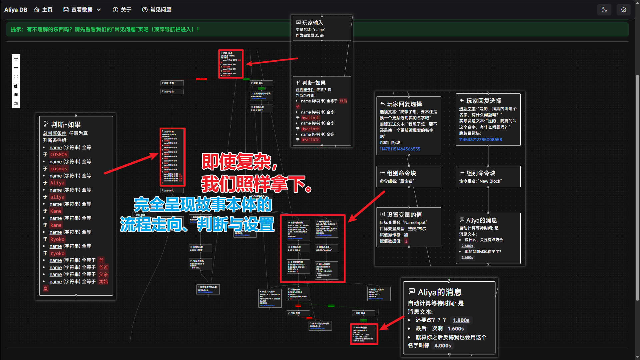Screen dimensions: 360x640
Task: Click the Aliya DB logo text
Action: pyautogui.click(x=16, y=10)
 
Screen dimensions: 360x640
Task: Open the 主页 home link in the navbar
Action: pyautogui.click(x=43, y=10)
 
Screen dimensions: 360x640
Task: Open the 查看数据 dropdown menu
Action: pyautogui.click(x=82, y=10)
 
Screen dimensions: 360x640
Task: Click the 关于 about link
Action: pyautogui.click(x=122, y=10)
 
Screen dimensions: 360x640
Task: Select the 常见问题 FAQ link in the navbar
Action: pyautogui.click(x=157, y=10)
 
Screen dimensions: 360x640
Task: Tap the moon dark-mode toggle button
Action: pyautogui.click(x=604, y=10)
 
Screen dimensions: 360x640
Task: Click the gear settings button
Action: pyautogui.click(x=624, y=10)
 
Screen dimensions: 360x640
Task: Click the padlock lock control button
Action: pyautogui.click(x=16, y=86)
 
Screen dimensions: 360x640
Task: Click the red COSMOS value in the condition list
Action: pyautogui.click(x=59, y=155)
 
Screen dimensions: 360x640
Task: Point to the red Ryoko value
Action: pyautogui.click(x=57, y=239)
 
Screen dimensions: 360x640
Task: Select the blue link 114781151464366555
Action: pyautogui.click(x=400, y=149)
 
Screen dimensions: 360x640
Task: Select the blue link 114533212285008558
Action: pyautogui.click(x=480, y=140)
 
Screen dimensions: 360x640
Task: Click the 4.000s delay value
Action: pyautogui.click(x=443, y=346)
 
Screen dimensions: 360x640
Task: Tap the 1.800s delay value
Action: pyautogui.click(x=461, y=320)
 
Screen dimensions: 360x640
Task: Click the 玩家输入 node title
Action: pyautogui.click(x=312, y=23)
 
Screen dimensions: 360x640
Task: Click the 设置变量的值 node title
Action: pyautogui.click(x=404, y=215)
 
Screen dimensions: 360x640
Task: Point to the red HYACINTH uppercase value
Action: pyautogui.click(x=310, y=140)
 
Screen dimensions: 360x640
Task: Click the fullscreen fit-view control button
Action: pyautogui.click(x=16, y=77)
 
